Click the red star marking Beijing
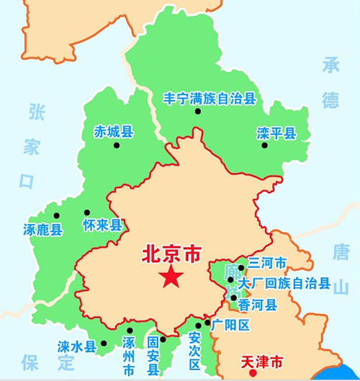click(x=171, y=277)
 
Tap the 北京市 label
click(x=171, y=254)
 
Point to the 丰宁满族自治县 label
click(x=210, y=99)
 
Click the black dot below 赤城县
click(x=116, y=145)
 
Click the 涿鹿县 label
click(x=42, y=230)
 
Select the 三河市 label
click(x=267, y=264)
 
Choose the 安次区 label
click(x=194, y=352)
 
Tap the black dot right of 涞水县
click(x=104, y=344)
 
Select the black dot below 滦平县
click(x=264, y=145)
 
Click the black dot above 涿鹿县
click(x=55, y=215)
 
